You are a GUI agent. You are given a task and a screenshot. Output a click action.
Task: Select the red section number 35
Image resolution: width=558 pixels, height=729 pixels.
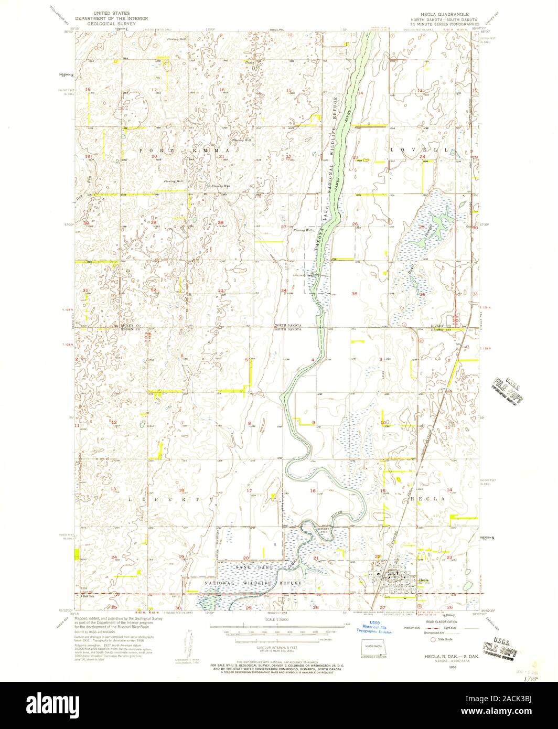(355, 294)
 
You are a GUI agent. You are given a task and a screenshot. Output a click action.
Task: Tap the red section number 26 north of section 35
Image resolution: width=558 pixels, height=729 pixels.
(355, 224)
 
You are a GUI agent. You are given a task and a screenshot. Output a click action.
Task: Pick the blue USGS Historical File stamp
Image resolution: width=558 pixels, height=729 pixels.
(373, 629)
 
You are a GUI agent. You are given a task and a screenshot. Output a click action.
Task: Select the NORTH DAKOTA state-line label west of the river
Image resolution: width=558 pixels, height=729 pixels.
(287, 325)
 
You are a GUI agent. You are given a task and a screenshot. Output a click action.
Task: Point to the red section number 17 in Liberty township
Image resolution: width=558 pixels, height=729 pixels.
(249, 491)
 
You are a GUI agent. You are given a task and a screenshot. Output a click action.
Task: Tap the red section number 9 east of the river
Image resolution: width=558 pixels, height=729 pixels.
(313, 423)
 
